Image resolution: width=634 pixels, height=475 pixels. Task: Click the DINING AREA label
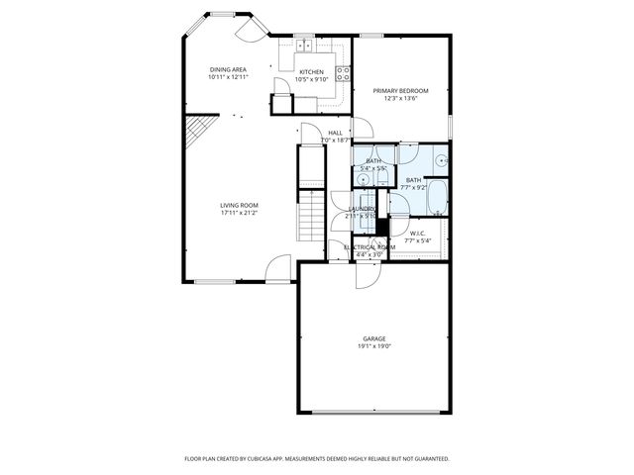[227, 69]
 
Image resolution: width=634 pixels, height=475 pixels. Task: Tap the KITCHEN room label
[312, 72]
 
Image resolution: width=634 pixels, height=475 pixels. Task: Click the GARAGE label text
[372, 338]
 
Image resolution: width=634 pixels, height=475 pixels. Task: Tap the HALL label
[335, 133]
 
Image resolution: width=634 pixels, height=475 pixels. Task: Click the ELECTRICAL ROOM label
[369, 246]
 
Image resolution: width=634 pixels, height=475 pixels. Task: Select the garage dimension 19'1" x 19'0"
[372, 346]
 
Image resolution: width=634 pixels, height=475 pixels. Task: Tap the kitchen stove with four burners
[343, 72]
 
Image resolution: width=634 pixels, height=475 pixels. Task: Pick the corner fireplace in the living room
[198, 129]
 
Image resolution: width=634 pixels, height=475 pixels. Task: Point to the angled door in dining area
[251, 30]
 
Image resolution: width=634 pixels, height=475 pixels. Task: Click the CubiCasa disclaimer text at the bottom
[317, 458]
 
